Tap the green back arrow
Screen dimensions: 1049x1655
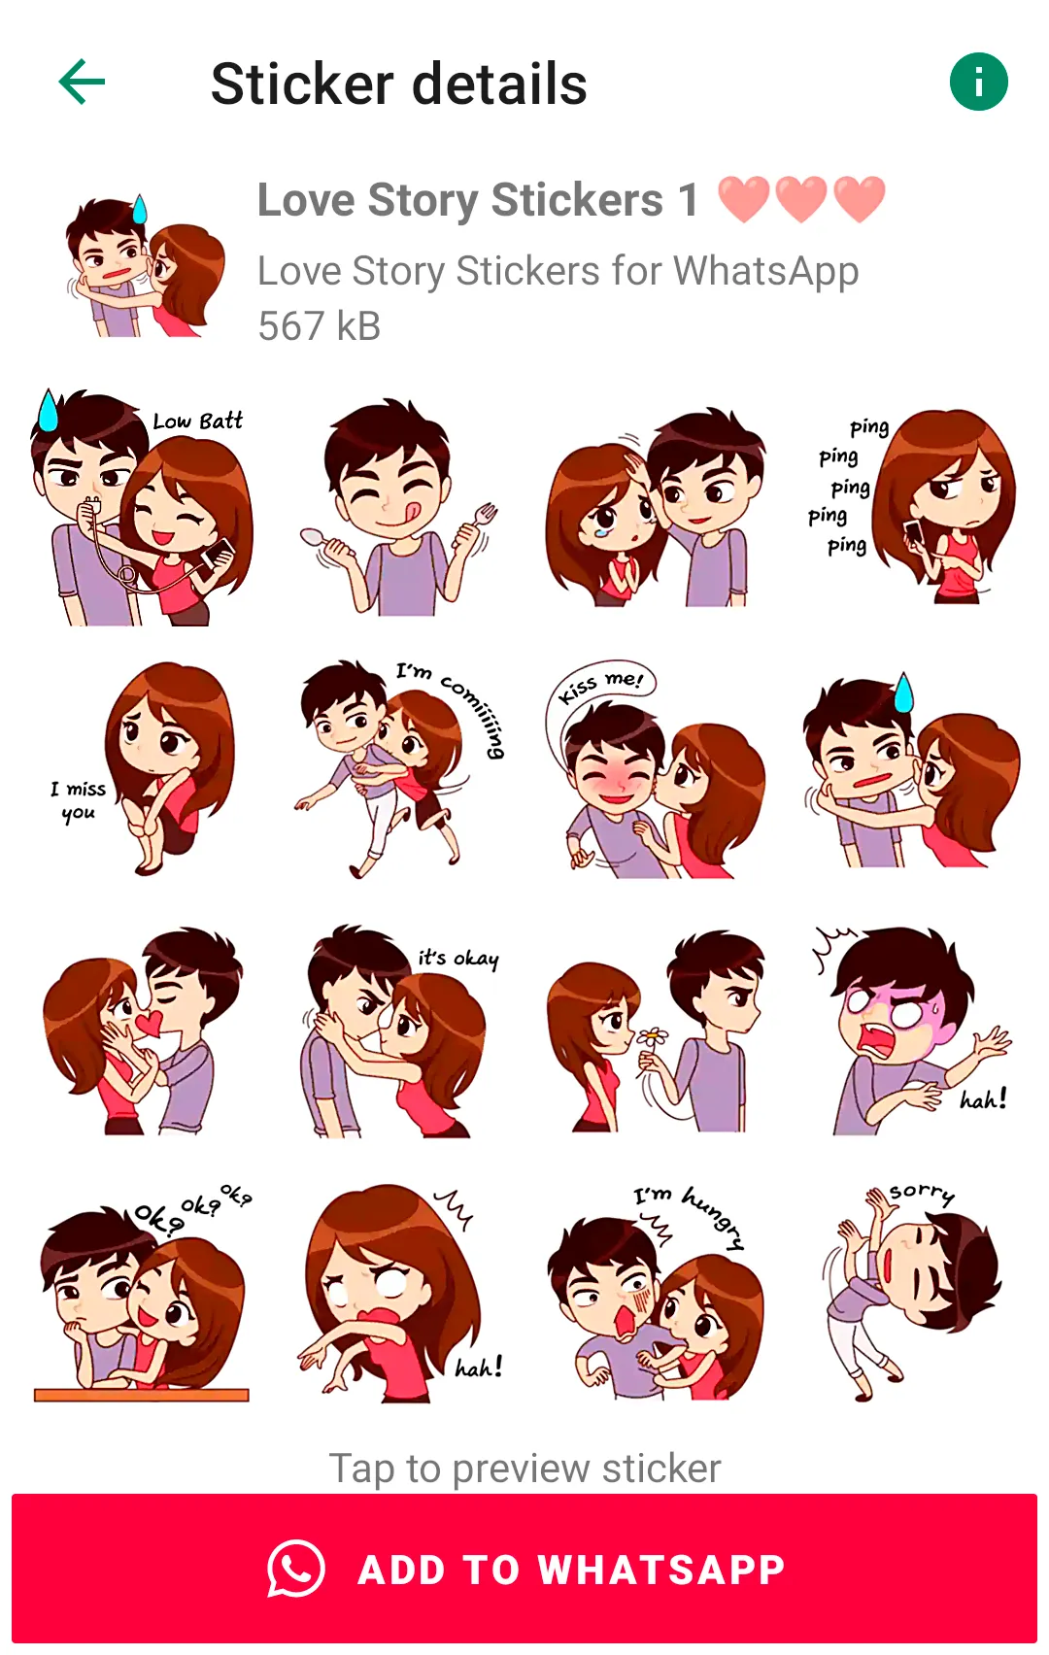[x=82, y=82]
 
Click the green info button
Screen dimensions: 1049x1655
[x=978, y=82]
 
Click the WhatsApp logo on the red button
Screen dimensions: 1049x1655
[x=296, y=1569]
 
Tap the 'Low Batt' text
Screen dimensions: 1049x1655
[x=197, y=422]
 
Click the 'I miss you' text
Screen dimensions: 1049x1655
[x=78, y=801]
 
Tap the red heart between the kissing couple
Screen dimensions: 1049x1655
[x=150, y=1024]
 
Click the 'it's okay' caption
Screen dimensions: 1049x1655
[x=458, y=959]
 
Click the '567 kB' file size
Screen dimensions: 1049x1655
[x=320, y=325]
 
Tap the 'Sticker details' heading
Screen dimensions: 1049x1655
[x=399, y=84]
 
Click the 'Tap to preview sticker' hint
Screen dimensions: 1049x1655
[x=524, y=1469]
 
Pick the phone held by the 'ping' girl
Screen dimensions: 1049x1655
[x=914, y=531]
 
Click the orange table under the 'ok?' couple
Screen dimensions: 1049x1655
[x=141, y=1395]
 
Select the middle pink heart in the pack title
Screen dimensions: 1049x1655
[x=801, y=199]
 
